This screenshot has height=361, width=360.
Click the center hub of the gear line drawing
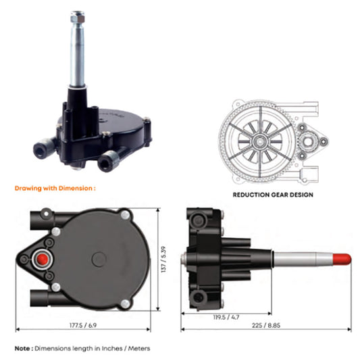[259, 141]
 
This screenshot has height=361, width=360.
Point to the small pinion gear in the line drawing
[313, 141]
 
